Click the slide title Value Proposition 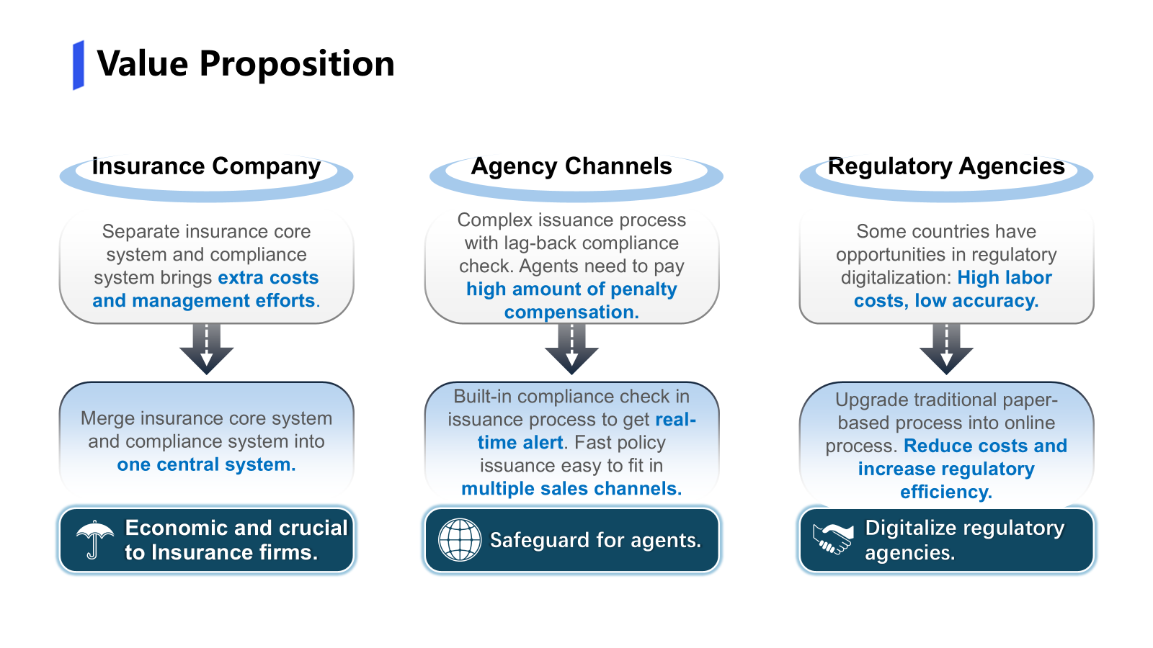pos(246,64)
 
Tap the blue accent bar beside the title pos(79,66)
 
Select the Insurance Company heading pos(206,166)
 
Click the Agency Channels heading pos(571,166)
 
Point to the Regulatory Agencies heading pos(946,166)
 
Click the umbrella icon pos(94,540)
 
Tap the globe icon pos(460,540)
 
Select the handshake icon pos(832,539)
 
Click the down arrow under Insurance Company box pos(206,349)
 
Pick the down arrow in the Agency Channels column pos(571,349)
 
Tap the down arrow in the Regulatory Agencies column pos(946,349)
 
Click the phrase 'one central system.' pos(206,464)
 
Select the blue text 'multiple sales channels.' pos(571,489)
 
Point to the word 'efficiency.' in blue pos(946,492)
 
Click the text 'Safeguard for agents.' pos(595,541)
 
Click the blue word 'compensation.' pos(571,312)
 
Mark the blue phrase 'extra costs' pos(268,278)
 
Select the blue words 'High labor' pos(1005,278)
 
